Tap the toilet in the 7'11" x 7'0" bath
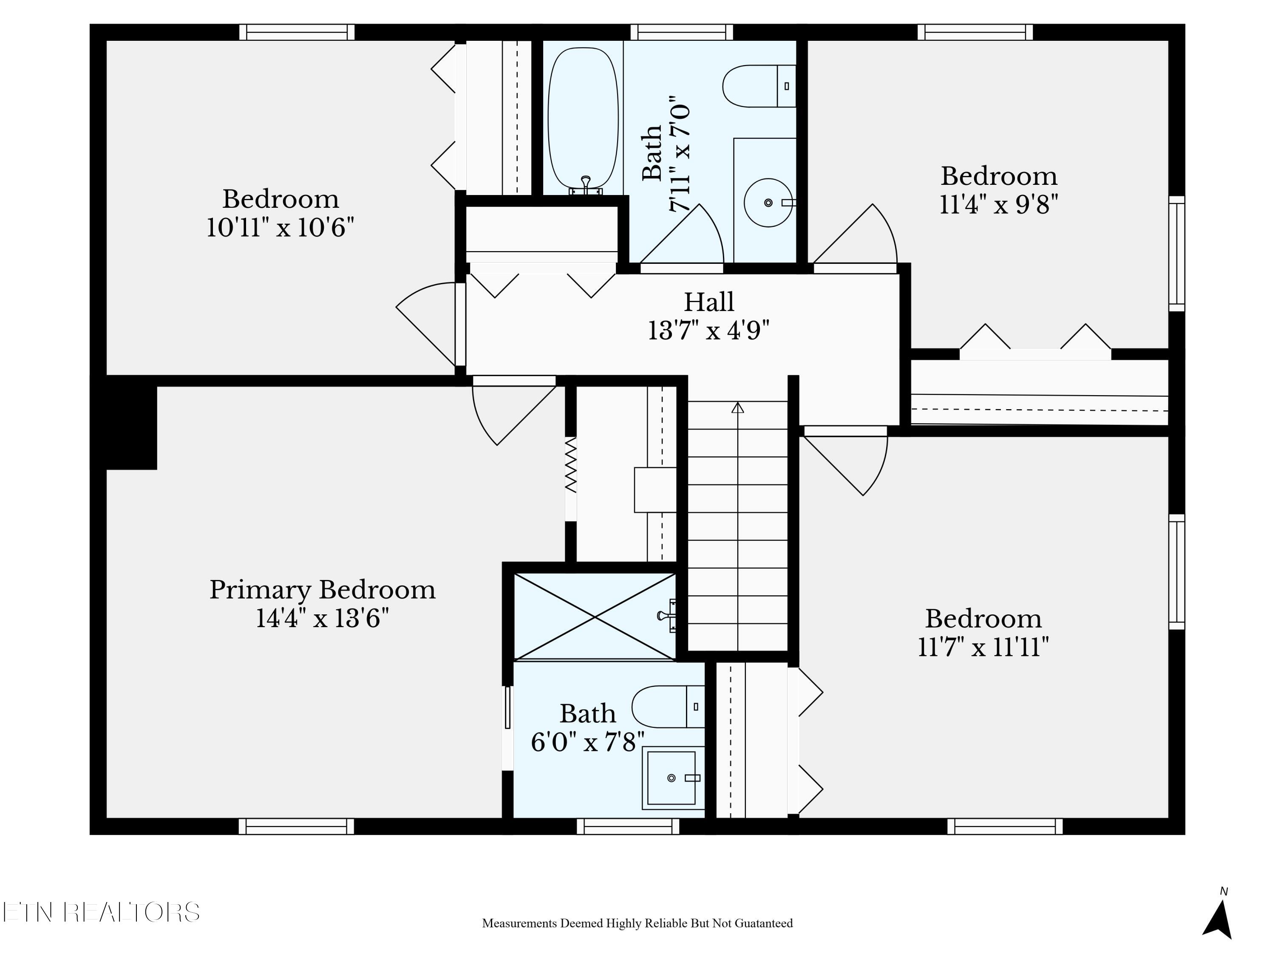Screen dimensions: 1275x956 click(759, 86)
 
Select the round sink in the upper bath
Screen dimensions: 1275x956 click(768, 202)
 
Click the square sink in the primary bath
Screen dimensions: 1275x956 click(671, 778)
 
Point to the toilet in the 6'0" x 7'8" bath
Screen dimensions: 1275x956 click(668, 707)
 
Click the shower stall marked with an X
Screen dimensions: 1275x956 click(595, 617)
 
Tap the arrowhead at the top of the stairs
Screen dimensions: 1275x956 click(738, 407)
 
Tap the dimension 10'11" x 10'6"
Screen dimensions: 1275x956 click(280, 228)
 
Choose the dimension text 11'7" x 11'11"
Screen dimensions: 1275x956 click(983, 647)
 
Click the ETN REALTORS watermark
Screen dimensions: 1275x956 click(101, 912)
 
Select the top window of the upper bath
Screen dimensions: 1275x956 click(681, 32)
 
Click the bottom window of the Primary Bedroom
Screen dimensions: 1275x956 click(296, 826)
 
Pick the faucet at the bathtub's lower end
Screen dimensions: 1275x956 click(586, 186)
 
